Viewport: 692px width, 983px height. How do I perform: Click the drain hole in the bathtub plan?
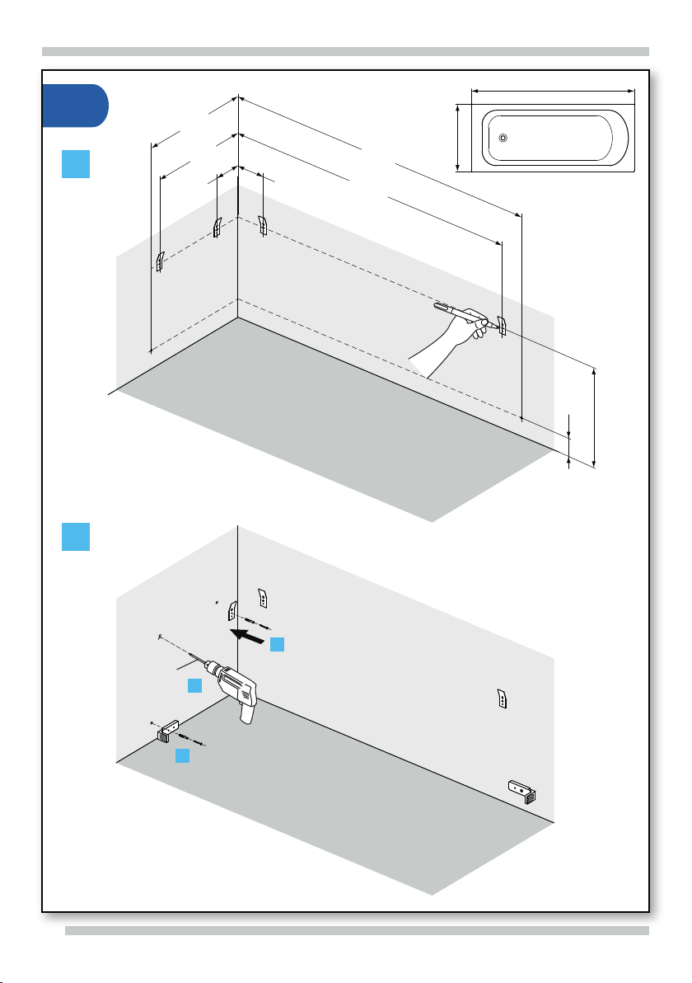(x=503, y=139)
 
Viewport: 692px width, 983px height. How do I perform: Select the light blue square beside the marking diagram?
(x=76, y=165)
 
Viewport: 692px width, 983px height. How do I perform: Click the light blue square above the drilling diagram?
(x=76, y=538)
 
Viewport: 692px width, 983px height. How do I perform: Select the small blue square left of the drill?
(x=194, y=685)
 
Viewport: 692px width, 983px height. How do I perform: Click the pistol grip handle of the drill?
(x=246, y=708)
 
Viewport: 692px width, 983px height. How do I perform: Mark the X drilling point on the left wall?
(x=158, y=637)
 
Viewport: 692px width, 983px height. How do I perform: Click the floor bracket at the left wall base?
(x=168, y=731)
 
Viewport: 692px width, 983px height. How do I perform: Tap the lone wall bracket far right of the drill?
(x=502, y=698)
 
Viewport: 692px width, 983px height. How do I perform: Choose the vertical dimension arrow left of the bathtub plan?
(x=456, y=138)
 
